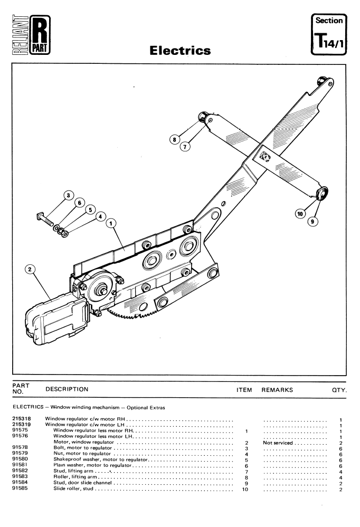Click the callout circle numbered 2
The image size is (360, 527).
point(30,269)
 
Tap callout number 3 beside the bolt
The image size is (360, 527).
point(69,195)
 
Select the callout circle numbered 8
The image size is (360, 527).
point(174,139)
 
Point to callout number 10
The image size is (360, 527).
point(300,214)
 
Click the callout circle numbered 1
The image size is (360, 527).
point(111,223)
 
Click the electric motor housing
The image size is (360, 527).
point(56,319)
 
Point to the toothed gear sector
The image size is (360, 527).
point(135,313)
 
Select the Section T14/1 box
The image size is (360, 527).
point(329,34)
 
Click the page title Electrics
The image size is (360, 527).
point(180,51)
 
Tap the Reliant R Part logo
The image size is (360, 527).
point(31,35)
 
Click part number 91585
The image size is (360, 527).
point(20,488)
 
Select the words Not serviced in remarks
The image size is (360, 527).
point(278,443)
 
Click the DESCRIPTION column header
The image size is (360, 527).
point(67,389)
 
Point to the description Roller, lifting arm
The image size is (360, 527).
point(75,476)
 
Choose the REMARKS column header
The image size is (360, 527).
point(277,390)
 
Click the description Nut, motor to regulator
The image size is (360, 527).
point(82,453)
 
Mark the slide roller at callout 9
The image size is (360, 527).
point(322,193)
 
